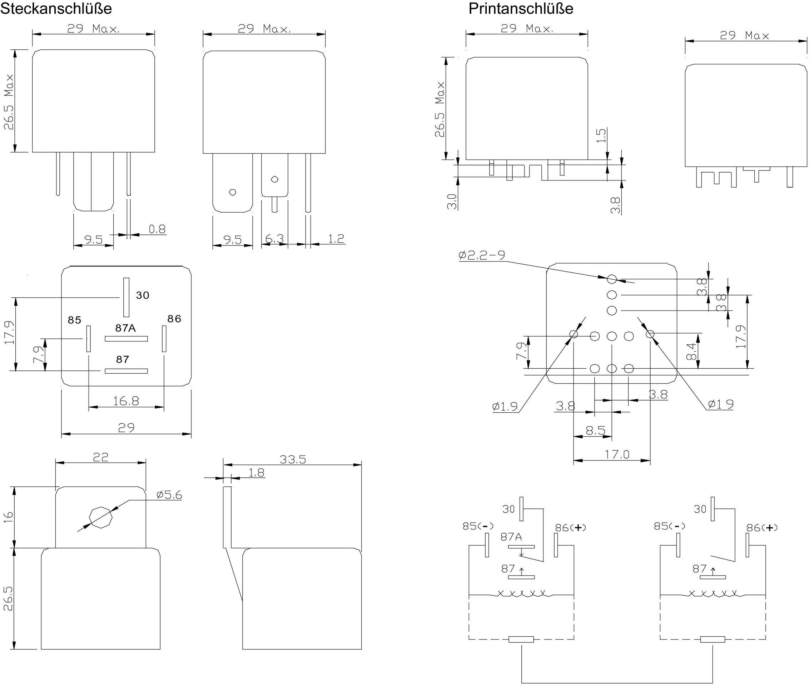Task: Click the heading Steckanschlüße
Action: coord(56,9)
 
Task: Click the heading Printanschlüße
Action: coord(520,9)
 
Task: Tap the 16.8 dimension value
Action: coord(126,401)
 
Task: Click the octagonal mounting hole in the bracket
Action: coord(101,517)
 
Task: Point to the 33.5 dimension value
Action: coord(293,459)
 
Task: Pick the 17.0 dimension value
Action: coord(616,454)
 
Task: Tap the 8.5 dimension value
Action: coord(595,431)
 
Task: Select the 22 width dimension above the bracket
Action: coord(100,457)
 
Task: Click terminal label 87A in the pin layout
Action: coord(125,328)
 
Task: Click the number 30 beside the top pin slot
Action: coord(142,295)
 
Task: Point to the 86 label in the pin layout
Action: coord(174,319)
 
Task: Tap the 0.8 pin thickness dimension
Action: coord(157,229)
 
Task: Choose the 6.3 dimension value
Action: coord(274,239)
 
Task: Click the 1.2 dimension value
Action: coord(336,238)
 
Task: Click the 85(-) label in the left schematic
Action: coord(478,526)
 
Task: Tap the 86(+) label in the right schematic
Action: coord(761,528)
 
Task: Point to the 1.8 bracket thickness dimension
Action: coord(256,472)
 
